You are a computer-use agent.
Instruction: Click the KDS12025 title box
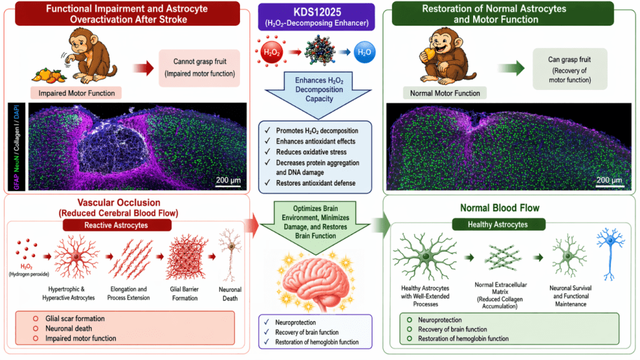[x=320, y=16]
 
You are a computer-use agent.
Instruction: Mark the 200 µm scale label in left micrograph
[x=229, y=181]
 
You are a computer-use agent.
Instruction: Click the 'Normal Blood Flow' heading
[x=509, y=207]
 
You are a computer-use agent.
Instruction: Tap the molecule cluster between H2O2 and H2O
[x=316, y=52]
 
